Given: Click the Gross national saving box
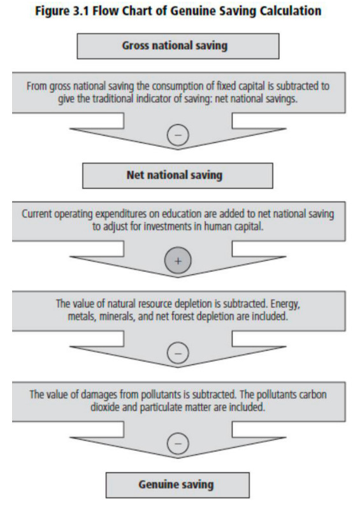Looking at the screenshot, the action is click(x=178, y=46).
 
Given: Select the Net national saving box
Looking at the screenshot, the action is click(x=178, y=176).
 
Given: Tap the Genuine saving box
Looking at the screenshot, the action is click(x=178, y=485).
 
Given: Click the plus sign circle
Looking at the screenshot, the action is click(x=178, y=260).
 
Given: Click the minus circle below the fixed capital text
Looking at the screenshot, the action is click(x=178, y=134).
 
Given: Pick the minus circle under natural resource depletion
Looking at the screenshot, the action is click(x=178, y=353).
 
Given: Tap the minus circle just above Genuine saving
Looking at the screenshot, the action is click(x=178, y=444).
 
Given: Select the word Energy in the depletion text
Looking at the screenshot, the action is click(x=285, y=304).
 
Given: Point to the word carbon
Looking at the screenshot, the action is click(x=313, y=395).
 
